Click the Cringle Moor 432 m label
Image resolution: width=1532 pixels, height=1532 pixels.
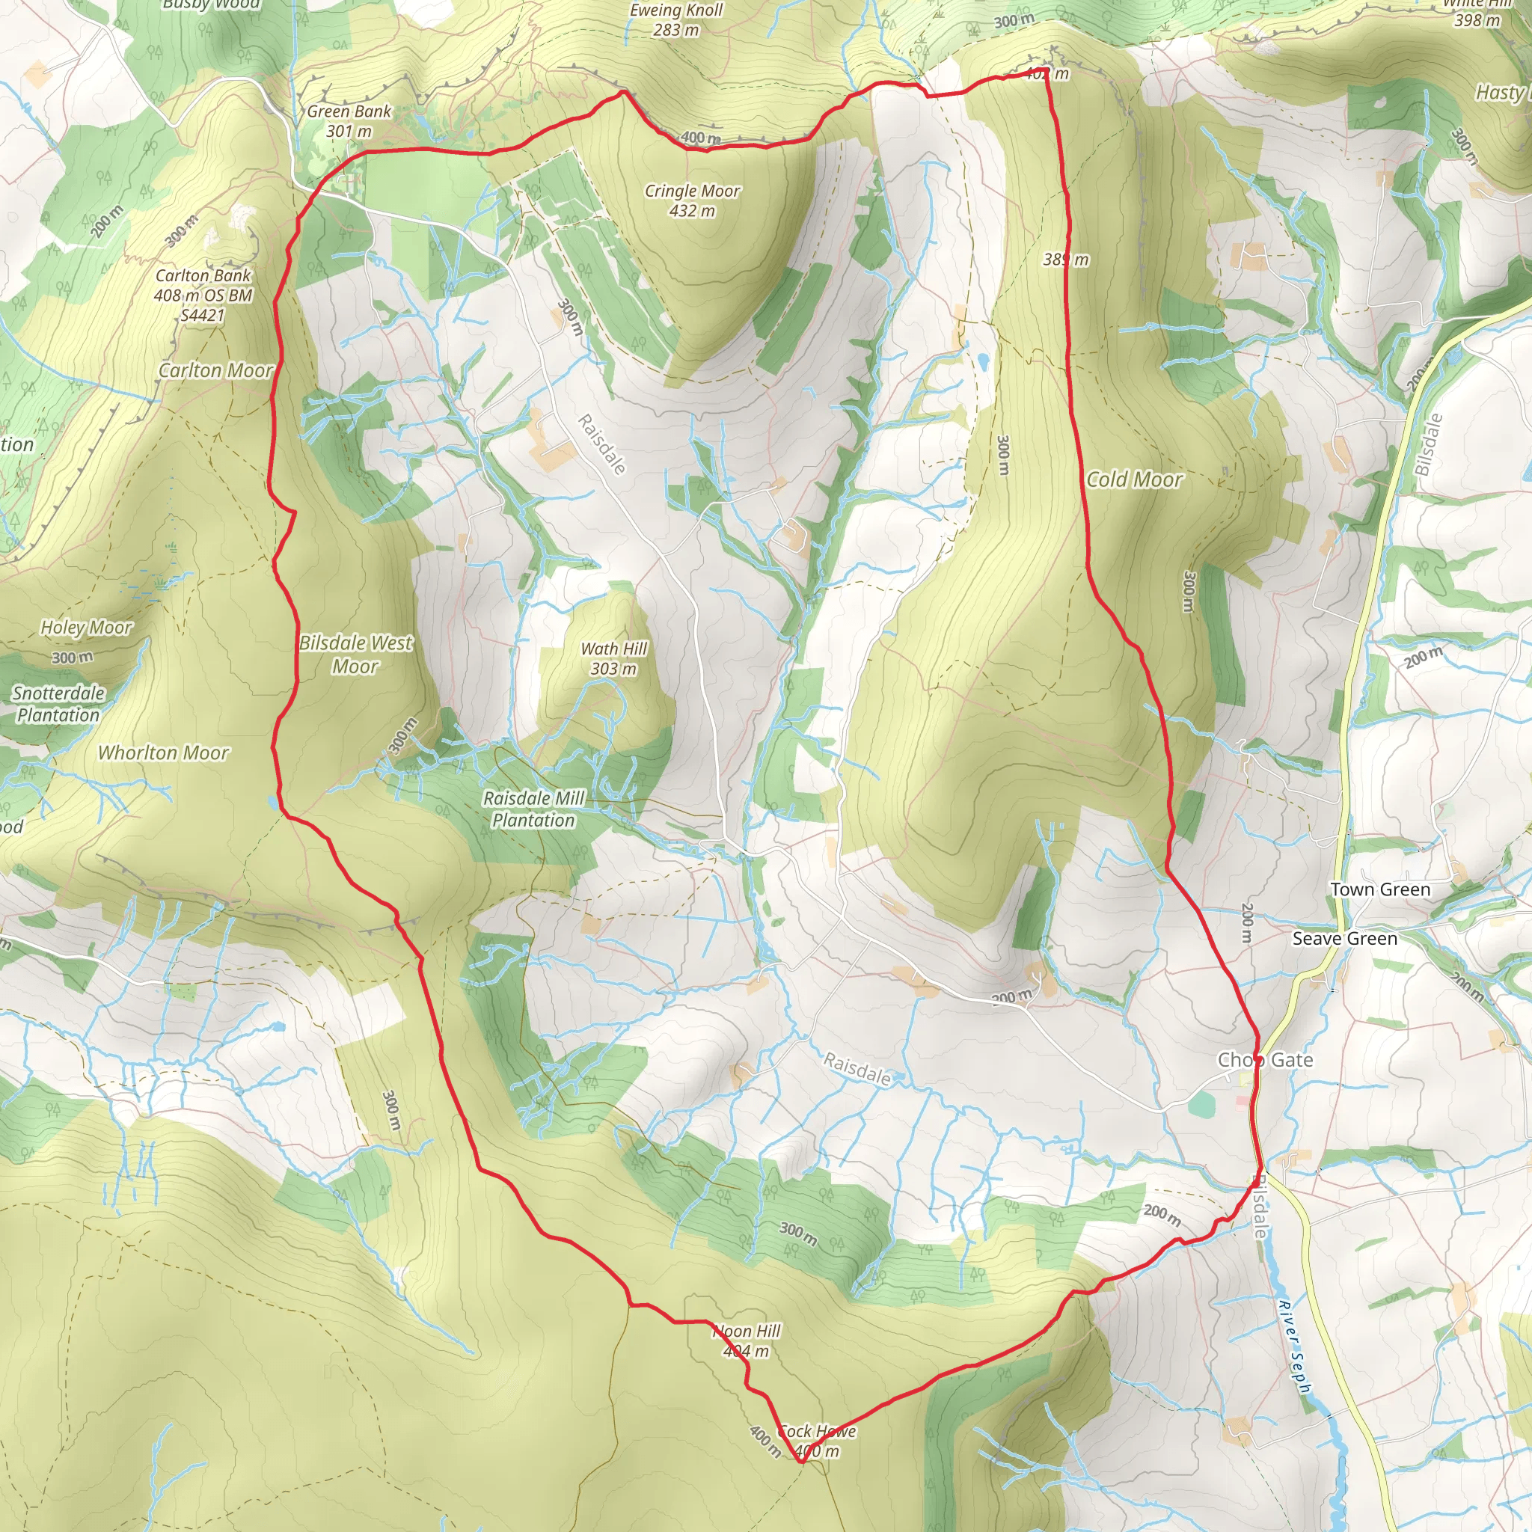[x=692, y=200]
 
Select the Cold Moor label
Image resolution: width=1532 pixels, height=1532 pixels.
[x=1134, y=479]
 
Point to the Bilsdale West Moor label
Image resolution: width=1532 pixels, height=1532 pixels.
[x=355, y=655]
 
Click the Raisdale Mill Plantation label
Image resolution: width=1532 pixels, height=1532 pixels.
[x=533, y=809]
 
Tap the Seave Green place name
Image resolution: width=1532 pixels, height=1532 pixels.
[x=1344, y=939]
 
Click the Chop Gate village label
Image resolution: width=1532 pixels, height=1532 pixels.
[x=1265, y=1060]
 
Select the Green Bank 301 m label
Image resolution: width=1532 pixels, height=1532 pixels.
[x=349, y=121]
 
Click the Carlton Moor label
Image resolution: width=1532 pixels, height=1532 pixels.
[x=215, y=370]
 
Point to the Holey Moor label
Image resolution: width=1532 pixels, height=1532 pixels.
[x=87, y=627]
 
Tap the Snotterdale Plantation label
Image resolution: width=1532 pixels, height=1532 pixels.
[x=58, y=704]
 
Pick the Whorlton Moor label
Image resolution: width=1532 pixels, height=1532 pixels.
[x=163, y=753]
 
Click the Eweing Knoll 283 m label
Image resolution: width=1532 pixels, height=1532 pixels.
[x=675, y=20]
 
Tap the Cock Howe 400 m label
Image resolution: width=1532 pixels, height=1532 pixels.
[x=817, y=1441]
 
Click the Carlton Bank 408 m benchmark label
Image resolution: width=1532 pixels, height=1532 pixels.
[x=203, y=295]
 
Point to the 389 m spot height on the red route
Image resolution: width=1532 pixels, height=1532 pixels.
[x=1066, y=260]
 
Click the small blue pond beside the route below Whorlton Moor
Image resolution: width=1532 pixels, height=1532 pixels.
[x=274, y=803]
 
